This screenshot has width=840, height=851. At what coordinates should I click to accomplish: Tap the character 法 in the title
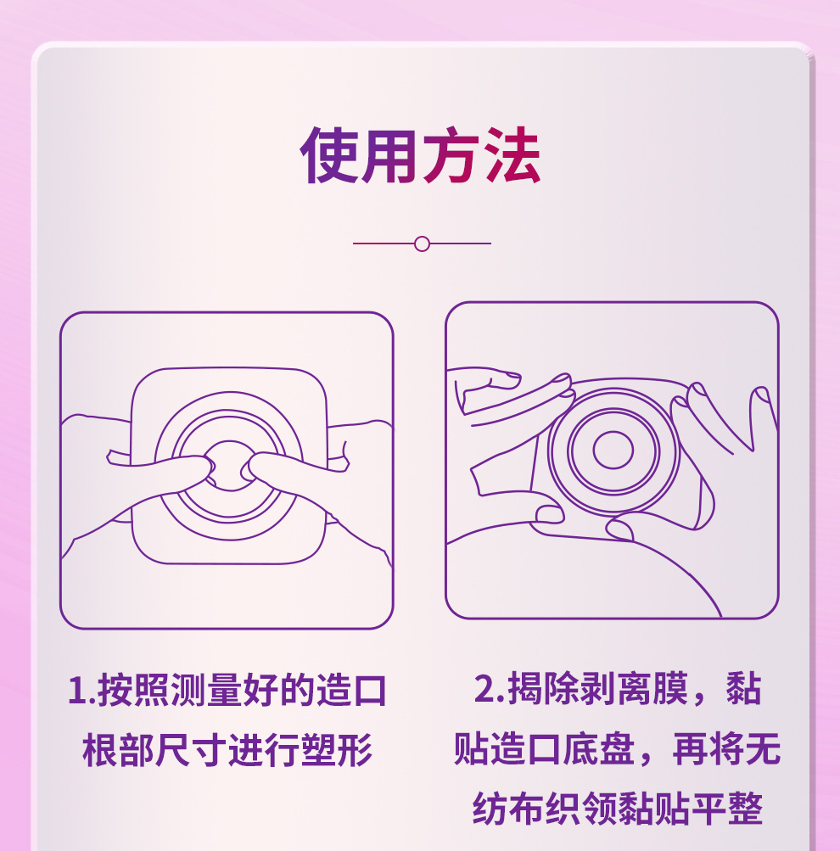pyautogui.click(x=512, y=156)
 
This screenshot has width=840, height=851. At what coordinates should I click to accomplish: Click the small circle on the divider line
pyautogui.click(x=422, y=244)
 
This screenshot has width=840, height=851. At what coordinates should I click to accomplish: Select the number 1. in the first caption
pyautogui.click(x=81, y=691)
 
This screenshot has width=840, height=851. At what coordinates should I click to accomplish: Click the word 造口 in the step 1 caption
pyautogui.click(x=351, y=691)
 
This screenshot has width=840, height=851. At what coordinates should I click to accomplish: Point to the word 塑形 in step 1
pyautogui.click(x=337, y=751)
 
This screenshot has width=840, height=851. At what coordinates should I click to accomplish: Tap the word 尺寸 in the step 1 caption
pyautogui.click(x=192, y=751)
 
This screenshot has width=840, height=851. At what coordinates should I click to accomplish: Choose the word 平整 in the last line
pyautogui.click(x=727, y=809)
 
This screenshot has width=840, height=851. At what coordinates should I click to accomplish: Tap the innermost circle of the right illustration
pyautogui.click(x=613, y=450)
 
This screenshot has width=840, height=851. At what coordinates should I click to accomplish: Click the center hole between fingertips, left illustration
pyautogui.click(x=229, y=466)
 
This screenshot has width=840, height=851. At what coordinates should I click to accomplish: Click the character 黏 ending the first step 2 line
pyautogui.click(x=744, y=689)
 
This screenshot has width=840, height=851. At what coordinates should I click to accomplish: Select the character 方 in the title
pyautogui.click(x=451, y=156)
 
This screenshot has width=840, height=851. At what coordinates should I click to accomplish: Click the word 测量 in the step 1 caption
pyautogui.click(x=206, y=691)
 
